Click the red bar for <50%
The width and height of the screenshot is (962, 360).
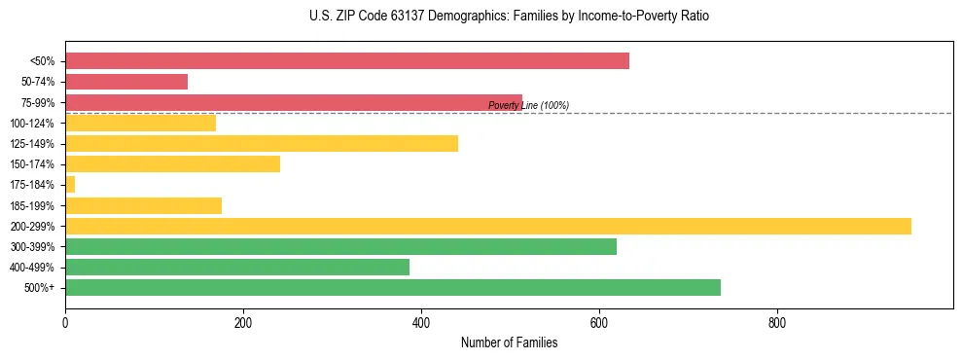pos(347,61)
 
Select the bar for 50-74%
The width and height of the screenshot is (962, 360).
pos(126,82)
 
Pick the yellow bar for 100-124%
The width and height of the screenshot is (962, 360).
pos(140,123)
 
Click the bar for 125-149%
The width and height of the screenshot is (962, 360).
pos(262,144)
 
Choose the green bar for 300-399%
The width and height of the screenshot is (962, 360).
pos(340,247)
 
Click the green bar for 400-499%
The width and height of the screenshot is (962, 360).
pos(237,268)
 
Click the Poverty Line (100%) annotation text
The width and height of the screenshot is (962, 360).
pos(528,105)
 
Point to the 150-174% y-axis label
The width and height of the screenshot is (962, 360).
pos(32,164)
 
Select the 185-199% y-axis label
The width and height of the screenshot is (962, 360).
pos(32,206)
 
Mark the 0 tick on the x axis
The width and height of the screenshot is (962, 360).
pos(65,323)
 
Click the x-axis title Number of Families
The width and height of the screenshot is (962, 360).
pos(509,343)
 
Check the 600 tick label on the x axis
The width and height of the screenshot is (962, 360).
pos(599,323)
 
